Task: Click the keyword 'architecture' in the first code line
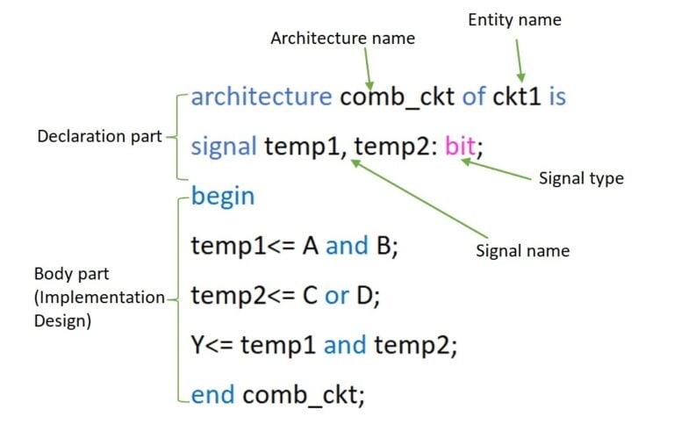click(261, 97)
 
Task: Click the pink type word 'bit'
click(460, 146)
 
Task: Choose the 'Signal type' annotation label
click(581, 178)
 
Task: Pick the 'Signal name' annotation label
click(522, 250)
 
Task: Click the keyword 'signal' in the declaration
click(225, 146)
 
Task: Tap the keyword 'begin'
click(223, 196)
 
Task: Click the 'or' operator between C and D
click(336, 296)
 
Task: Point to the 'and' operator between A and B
click(347, 246)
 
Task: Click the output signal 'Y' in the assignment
click(198, 346)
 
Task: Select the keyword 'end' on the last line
click(213, 395)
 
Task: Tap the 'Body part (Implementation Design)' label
click(97, 298)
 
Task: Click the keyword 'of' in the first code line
click(473, 97)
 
